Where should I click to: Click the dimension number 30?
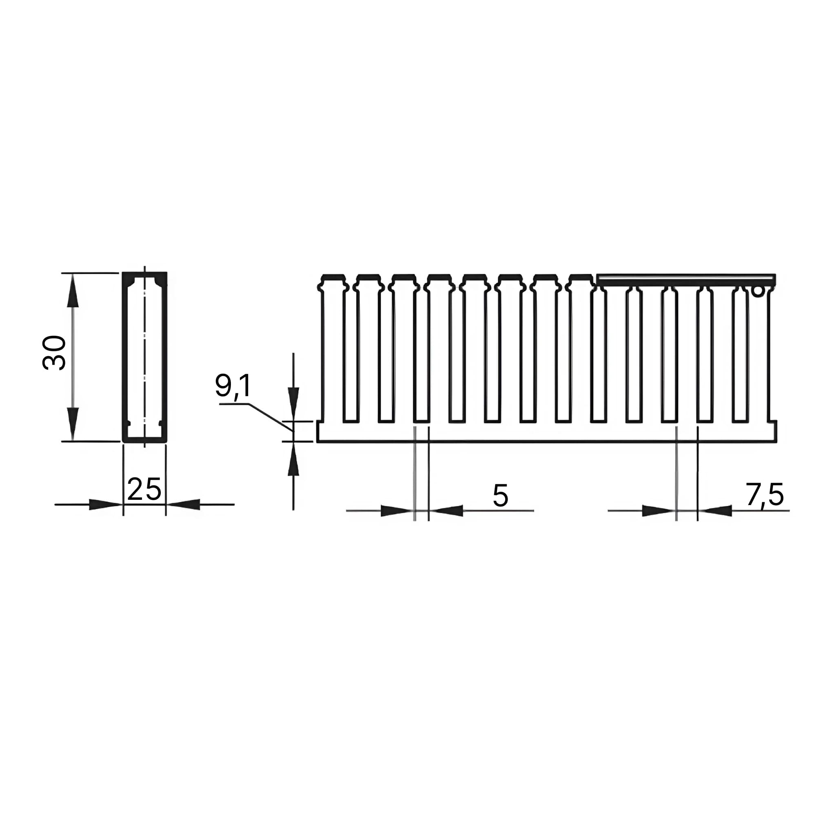55,353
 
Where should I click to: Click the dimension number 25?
144,490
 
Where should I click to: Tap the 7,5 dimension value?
765,494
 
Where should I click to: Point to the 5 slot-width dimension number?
500,495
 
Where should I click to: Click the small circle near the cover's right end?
758,291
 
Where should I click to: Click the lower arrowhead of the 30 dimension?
73,424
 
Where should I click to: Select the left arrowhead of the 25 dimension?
106,504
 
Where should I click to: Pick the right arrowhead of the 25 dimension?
183,504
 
